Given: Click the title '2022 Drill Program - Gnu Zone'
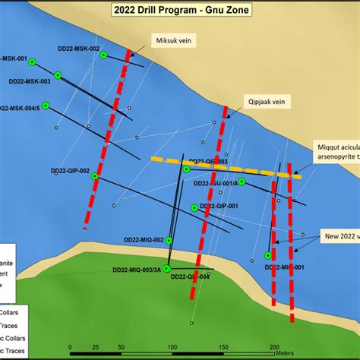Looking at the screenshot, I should [179, 10].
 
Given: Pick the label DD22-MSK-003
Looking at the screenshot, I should [30, 81].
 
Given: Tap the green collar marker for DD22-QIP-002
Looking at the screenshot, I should [95, 176].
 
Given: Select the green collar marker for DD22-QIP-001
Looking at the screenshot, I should [195, 207].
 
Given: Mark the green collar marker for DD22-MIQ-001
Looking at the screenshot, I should [268, 255].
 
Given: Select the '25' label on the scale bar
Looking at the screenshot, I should [96, 346].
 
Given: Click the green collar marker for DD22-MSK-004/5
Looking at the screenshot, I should [45, 105].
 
